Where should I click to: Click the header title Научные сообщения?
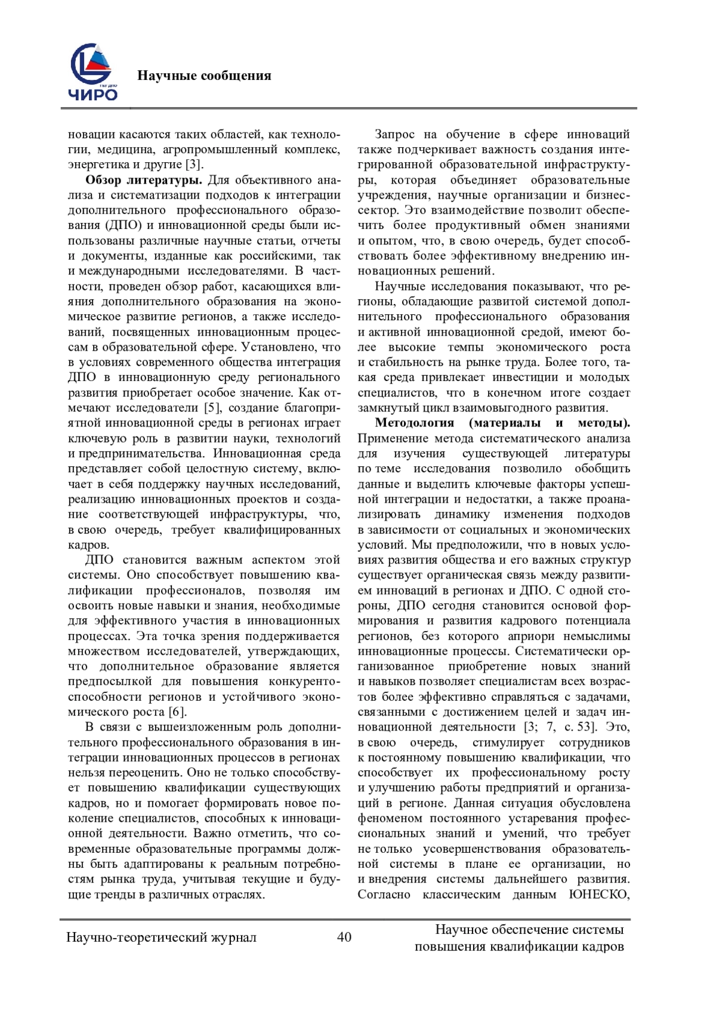(204, 76)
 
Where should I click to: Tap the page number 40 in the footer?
(344, 937)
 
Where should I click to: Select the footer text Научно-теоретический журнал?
(161, 937)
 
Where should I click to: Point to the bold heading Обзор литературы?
(144, 180)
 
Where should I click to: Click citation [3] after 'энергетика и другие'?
(194, 165)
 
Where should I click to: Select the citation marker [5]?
(212, 408)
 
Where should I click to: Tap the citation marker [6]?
(177, 712)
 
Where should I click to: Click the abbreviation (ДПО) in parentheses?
(124, 225)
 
